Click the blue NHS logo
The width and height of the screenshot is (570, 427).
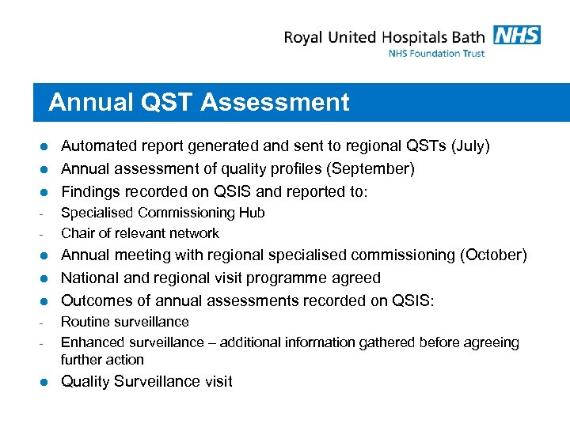point(516,35)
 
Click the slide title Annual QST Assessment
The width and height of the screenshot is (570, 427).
point(199,103)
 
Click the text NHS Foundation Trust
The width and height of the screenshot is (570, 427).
point(436,54)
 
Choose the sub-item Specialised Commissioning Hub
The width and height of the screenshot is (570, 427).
point(162,213)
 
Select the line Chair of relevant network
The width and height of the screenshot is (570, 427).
point(140,233)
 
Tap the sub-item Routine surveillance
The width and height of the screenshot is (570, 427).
point(125,322)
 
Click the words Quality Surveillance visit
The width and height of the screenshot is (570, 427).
point(146,382)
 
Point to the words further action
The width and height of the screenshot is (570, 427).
point(102,360)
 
